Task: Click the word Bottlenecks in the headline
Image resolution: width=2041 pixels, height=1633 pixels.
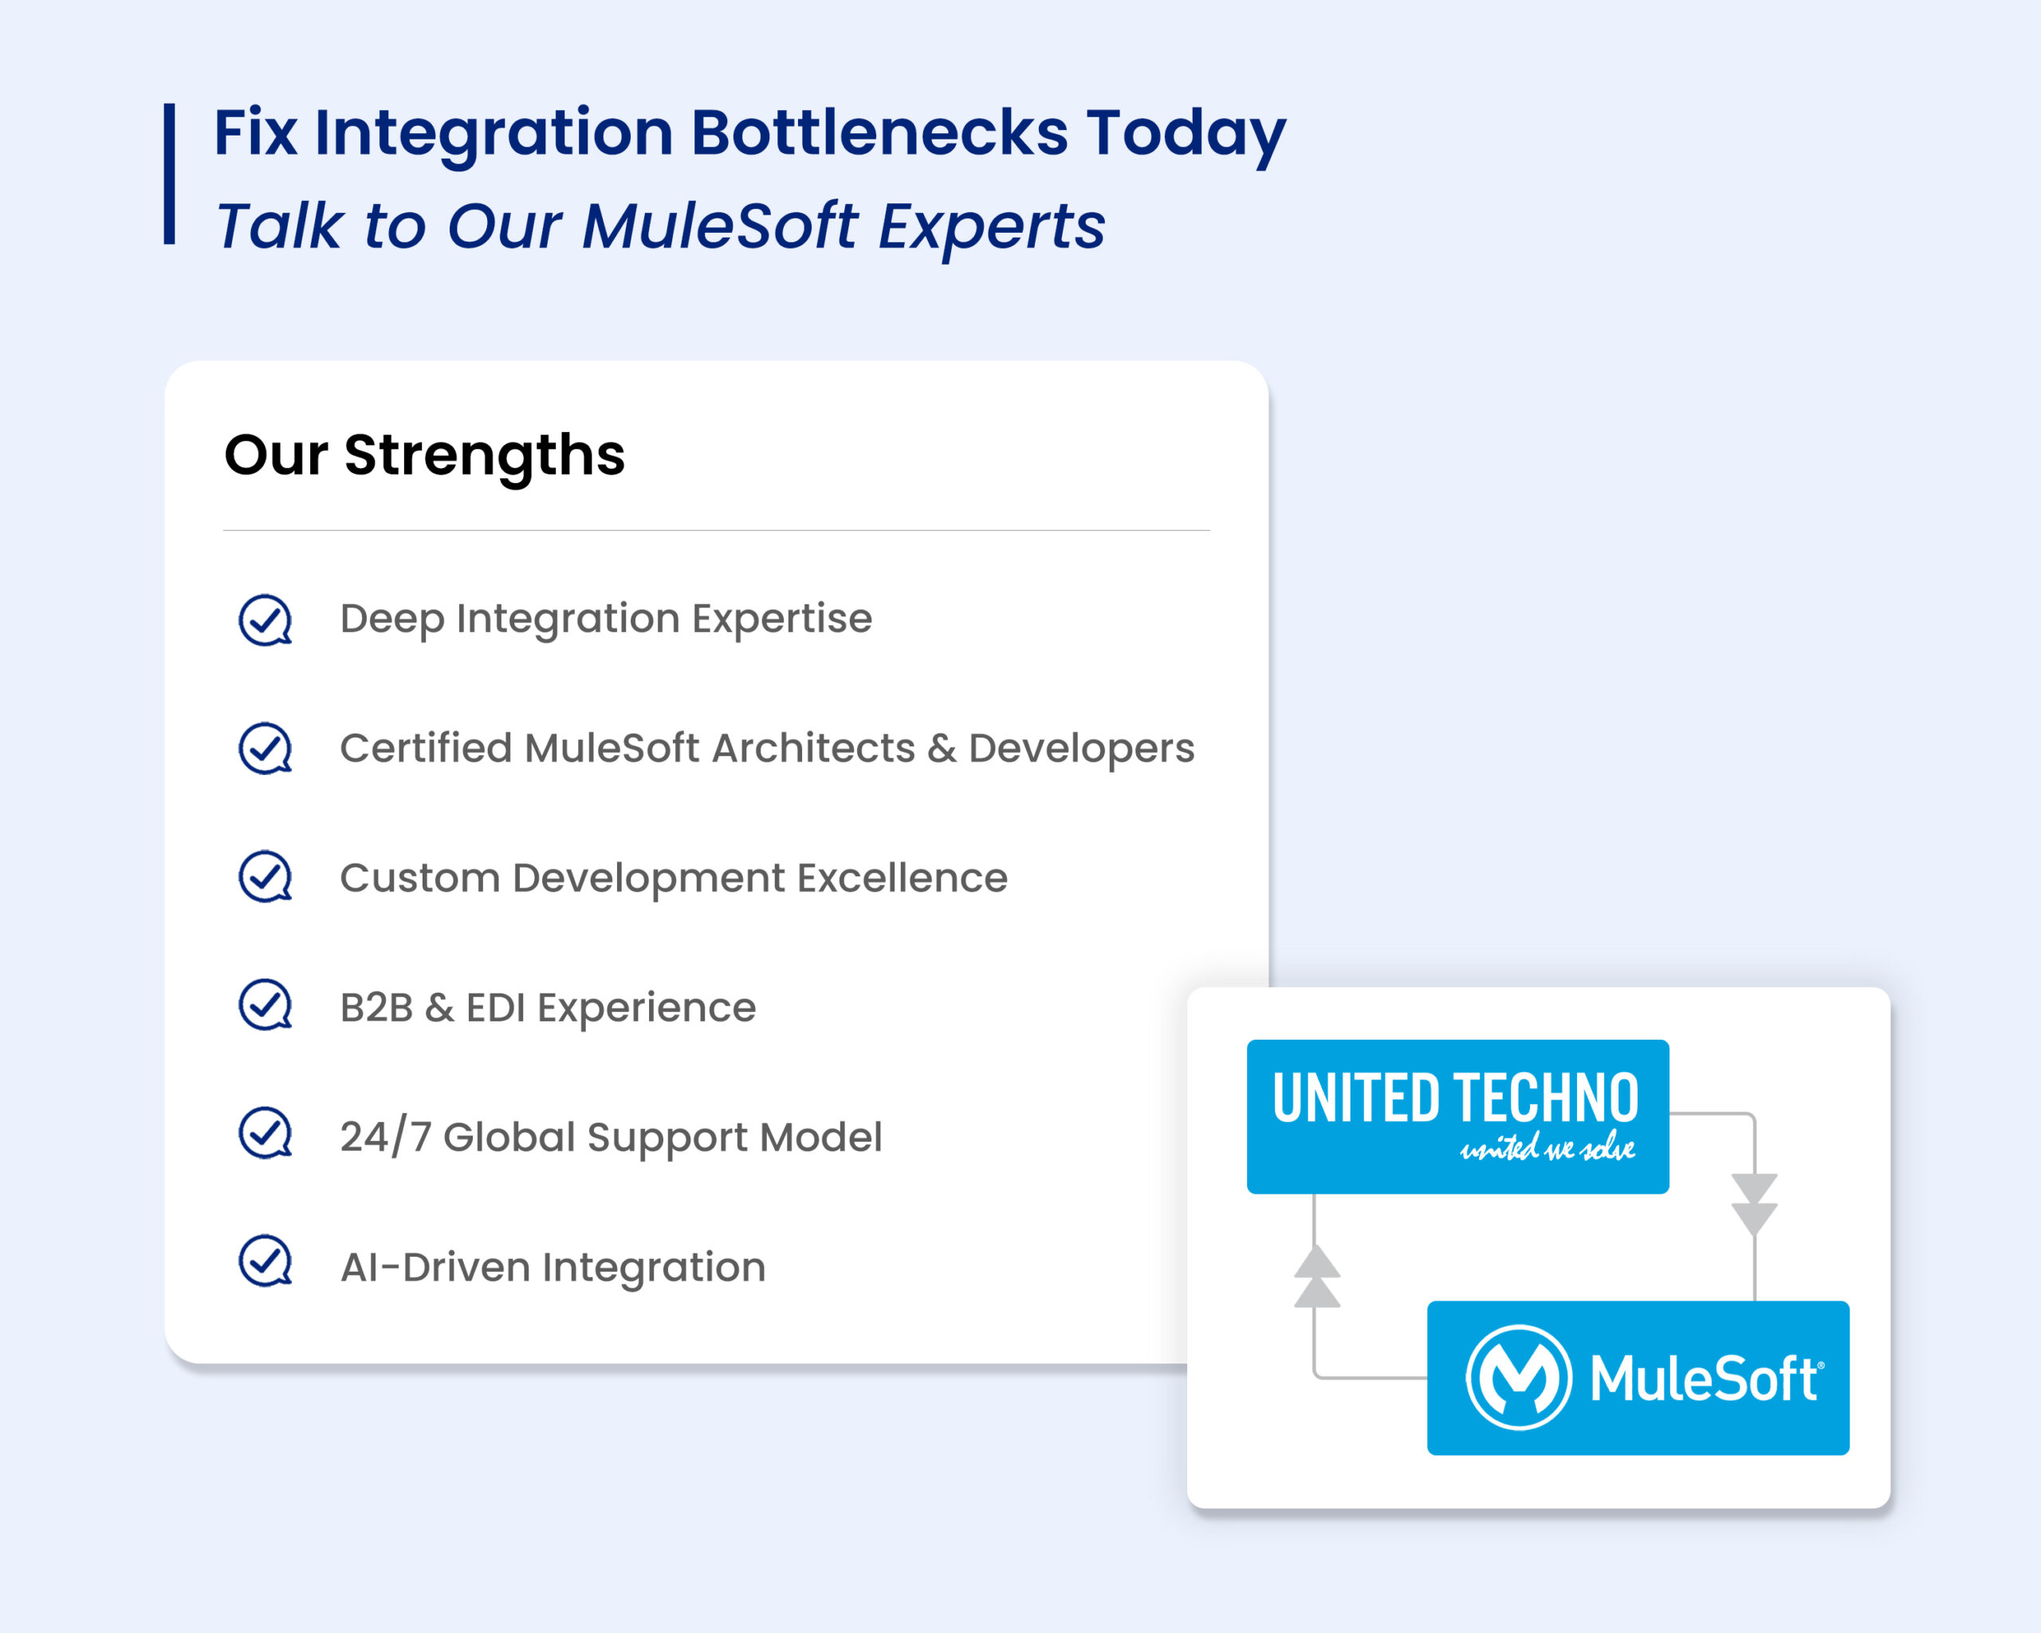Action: click(879, 132)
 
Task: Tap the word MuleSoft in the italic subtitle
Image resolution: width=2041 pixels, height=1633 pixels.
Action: click(719, 226)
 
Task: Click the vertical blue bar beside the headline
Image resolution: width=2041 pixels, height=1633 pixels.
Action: click(170, 174)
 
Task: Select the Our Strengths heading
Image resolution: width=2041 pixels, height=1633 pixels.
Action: click(424, 455)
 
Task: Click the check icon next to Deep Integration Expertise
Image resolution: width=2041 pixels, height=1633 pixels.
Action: click(265, 620)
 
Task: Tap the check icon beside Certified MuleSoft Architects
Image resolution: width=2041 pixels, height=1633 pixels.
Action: click(265, 749)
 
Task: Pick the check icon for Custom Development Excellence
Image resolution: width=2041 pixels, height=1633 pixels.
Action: click(265, 876)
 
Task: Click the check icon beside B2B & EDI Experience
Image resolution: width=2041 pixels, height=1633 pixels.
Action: click(265, 1005)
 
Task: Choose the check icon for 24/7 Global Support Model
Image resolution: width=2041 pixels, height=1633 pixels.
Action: click(265, 1133)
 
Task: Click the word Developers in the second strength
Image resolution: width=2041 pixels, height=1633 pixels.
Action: click(1081, 750)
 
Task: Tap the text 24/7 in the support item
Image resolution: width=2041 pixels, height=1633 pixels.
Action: click(385, 1136)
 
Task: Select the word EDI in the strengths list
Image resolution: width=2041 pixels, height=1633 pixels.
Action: click(495, 1007)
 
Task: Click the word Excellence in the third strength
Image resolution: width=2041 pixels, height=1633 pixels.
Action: click(903, 878)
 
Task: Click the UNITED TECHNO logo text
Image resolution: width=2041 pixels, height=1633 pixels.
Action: click(1455, 1098)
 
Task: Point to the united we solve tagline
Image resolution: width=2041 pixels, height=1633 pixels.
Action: click(1547, 1147)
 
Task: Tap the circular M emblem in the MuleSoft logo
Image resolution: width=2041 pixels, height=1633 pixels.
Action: click(1519, 1377)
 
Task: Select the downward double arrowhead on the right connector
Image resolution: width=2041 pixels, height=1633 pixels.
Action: click(1754, 1204)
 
